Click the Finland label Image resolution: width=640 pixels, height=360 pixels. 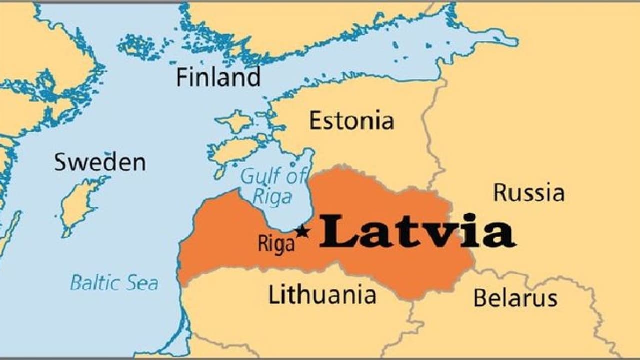pos(218,77)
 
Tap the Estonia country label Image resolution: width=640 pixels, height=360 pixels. pos(351,121)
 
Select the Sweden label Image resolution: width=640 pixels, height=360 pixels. pos(100,162)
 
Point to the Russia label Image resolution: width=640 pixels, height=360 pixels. pos(529,192)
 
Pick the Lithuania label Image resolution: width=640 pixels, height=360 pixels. pos(322,294)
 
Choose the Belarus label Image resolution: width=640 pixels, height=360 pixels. pos(515,298)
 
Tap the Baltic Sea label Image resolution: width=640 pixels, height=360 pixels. pos(114,283)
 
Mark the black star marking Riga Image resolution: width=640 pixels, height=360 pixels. pos(302,232)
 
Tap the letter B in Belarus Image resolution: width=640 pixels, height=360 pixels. pos(480,298)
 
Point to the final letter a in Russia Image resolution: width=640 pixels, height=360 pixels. pos(557,193)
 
